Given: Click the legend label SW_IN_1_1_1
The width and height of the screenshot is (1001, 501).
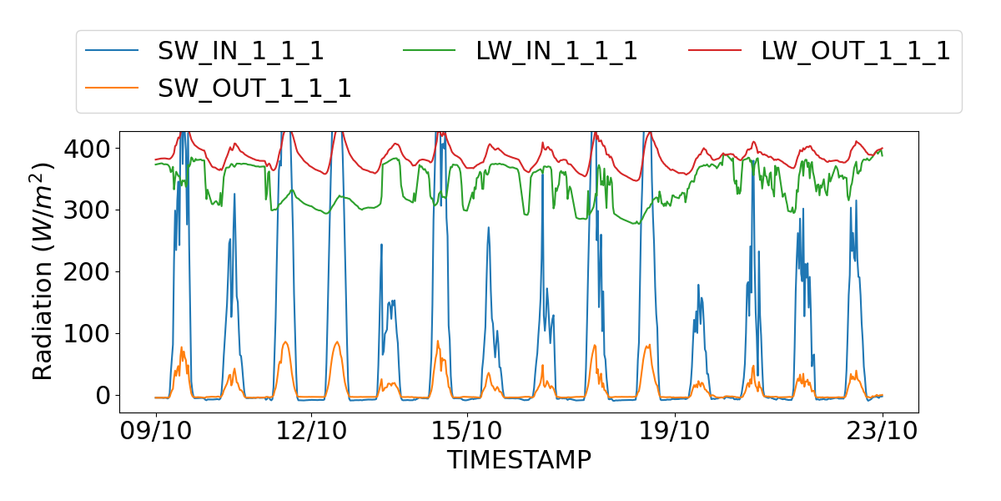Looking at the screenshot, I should point(241,51).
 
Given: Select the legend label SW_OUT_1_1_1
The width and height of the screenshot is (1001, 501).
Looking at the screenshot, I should point(254,88).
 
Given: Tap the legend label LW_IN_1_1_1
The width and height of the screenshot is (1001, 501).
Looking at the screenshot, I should point(556,51).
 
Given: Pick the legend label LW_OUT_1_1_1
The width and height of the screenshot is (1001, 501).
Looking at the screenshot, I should point(856,51).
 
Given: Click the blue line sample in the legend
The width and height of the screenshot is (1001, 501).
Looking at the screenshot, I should point(113,51).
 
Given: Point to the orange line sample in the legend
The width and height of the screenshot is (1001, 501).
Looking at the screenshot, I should point(113,88).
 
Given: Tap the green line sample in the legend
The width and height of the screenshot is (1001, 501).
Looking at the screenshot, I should point(430,51).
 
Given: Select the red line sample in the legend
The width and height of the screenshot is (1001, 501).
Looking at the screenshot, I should point(715,51).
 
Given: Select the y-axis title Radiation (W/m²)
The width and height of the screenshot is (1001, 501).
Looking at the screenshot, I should point(43,271).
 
